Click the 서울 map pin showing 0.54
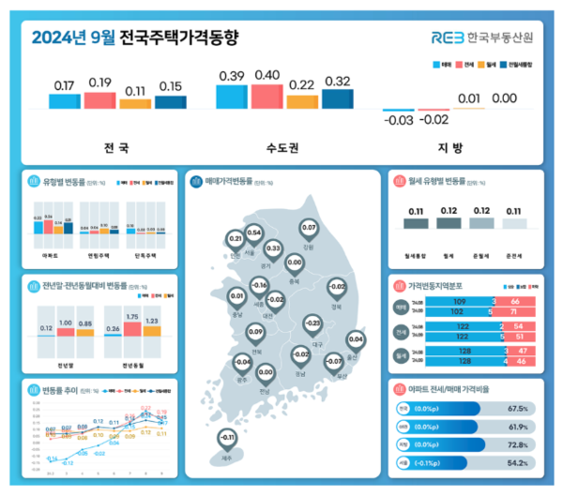253,235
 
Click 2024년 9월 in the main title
74,38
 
